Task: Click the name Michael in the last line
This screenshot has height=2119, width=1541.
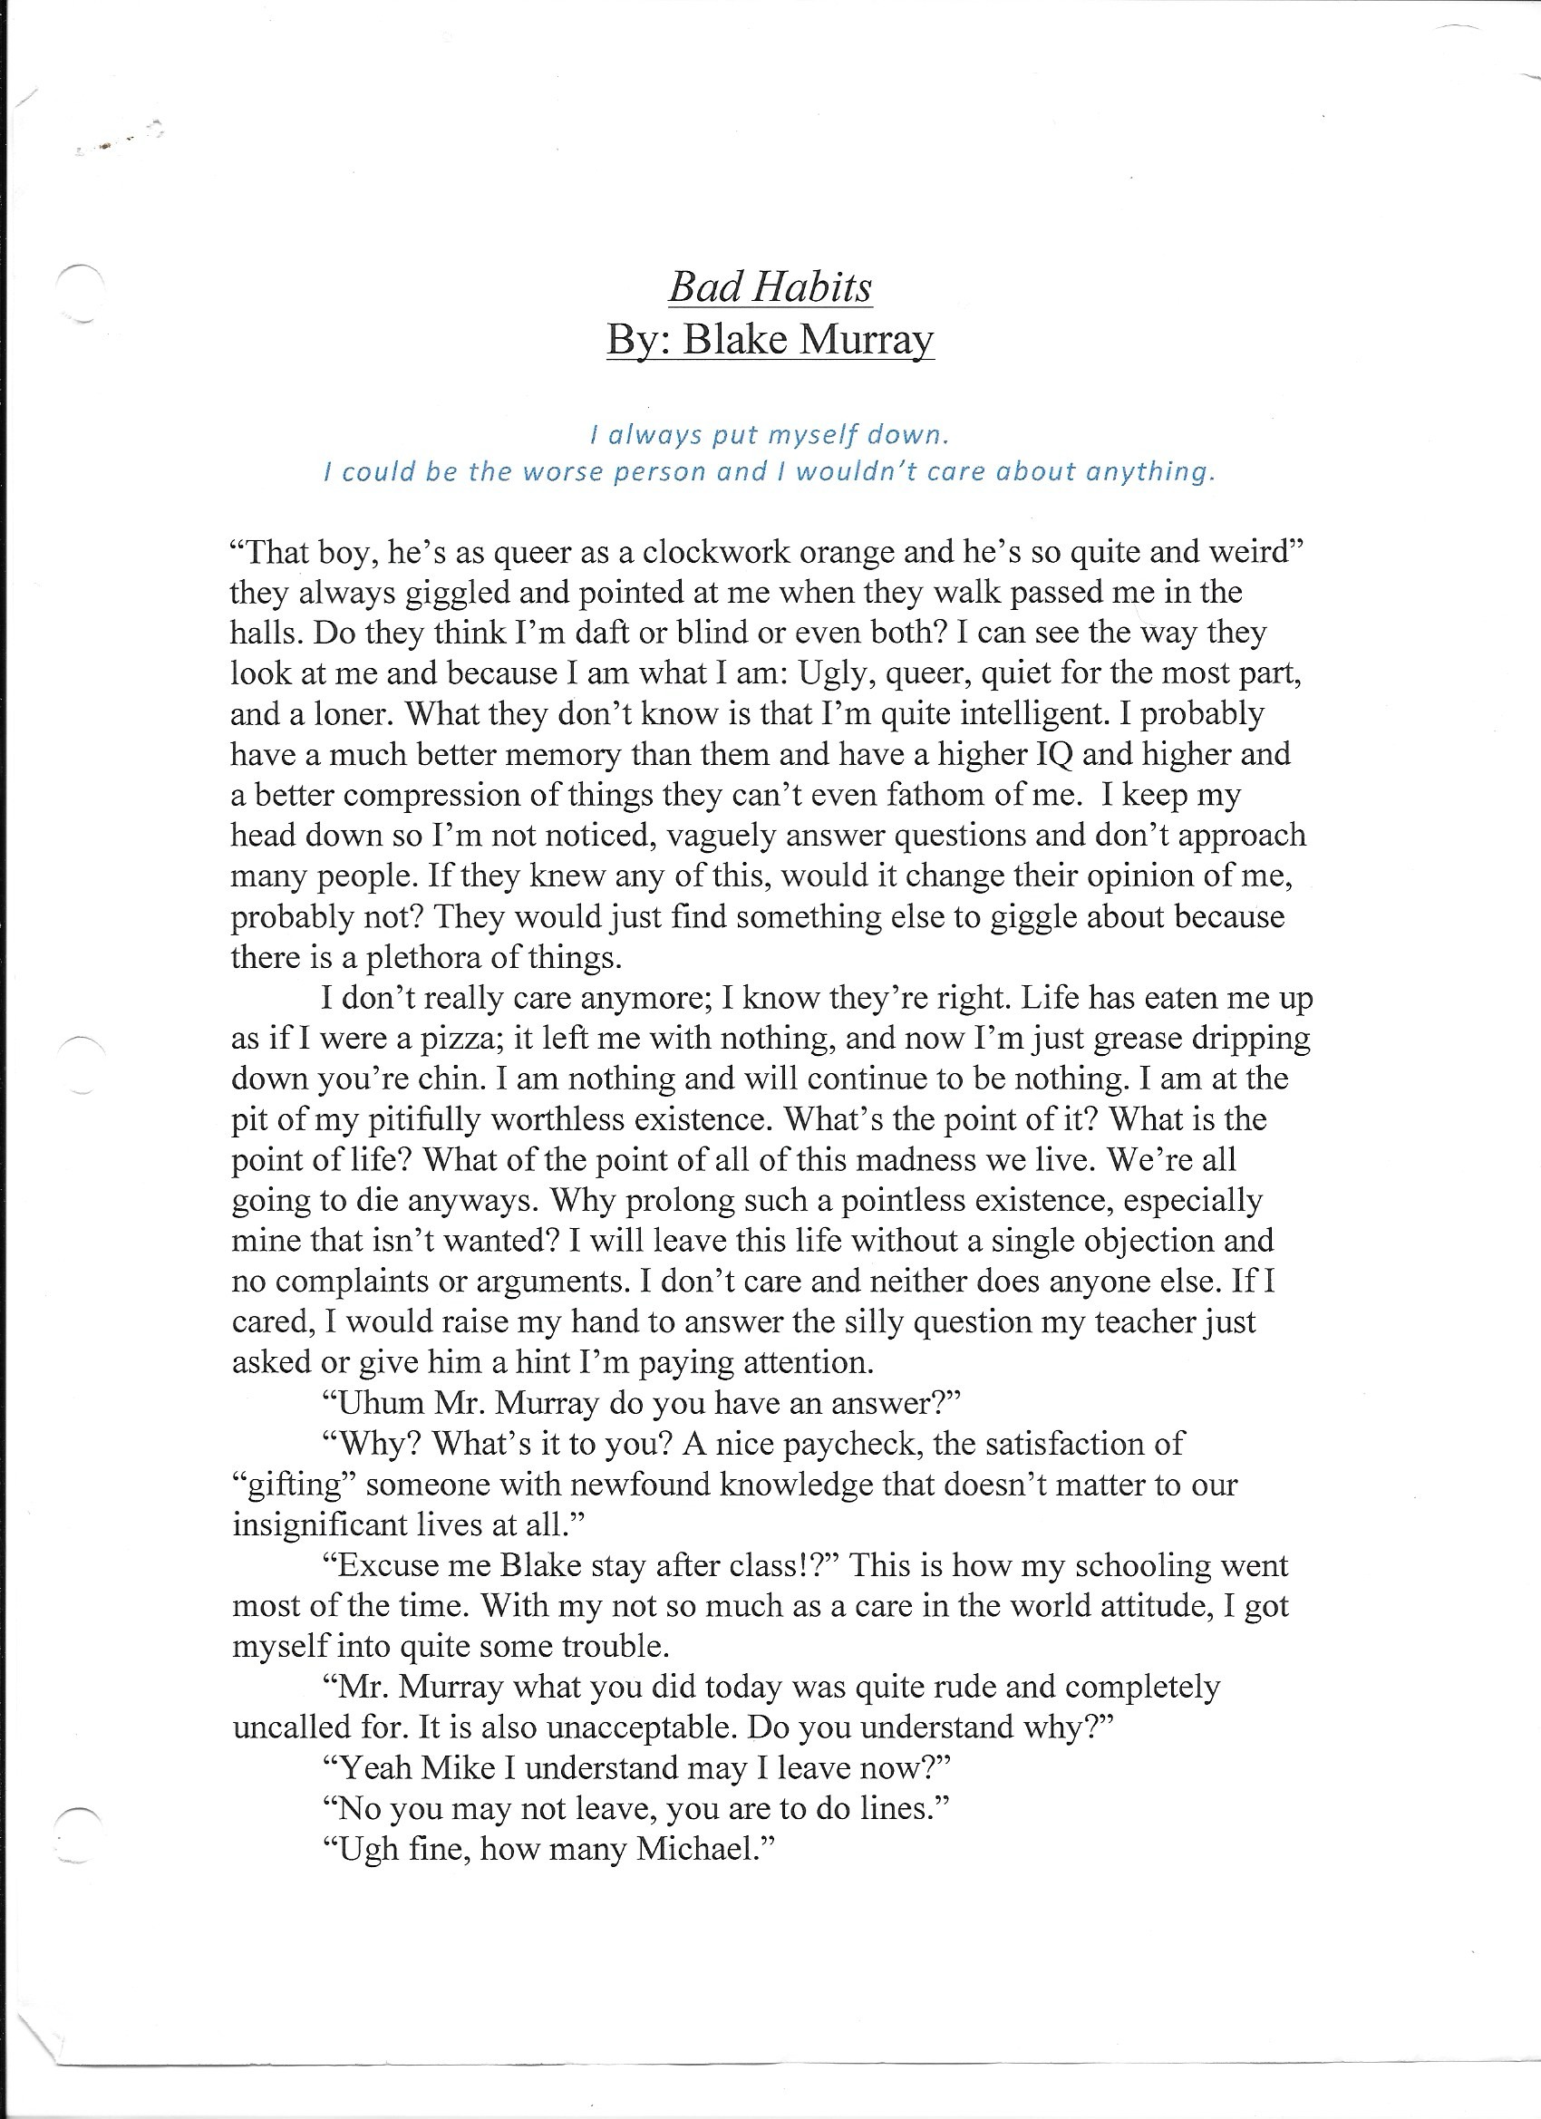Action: (701, 1849)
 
